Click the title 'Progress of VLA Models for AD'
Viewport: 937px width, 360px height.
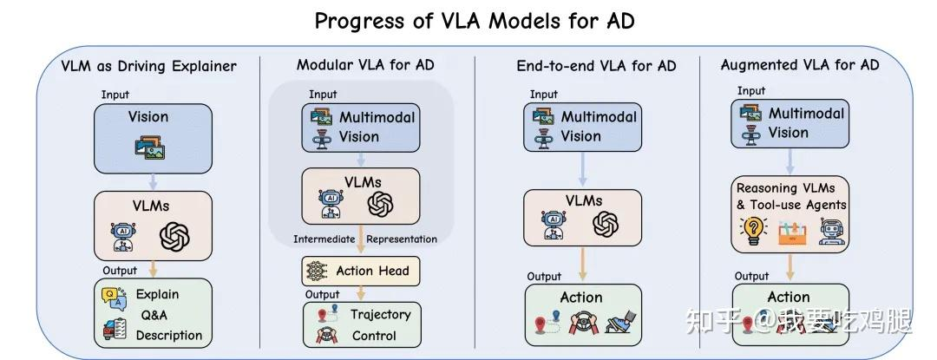pos(474,20)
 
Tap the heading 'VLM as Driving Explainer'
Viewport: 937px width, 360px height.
pos(148,66)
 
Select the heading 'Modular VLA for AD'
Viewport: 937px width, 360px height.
pos(365,64)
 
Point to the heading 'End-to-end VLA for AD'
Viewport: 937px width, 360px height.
pos(596,66)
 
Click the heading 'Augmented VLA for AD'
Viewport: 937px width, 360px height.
pos(800,64)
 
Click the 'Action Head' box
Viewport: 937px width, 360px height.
pos(360,271)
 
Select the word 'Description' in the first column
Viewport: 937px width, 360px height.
pos(169,335)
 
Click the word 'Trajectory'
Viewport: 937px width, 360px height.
pos(380,314)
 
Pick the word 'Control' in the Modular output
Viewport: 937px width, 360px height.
pos(374,335)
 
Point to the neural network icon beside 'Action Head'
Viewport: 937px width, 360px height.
pos(315,272)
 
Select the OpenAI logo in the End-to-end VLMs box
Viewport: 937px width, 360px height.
pos(605,226)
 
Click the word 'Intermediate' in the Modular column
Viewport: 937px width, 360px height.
pos(324,239)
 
